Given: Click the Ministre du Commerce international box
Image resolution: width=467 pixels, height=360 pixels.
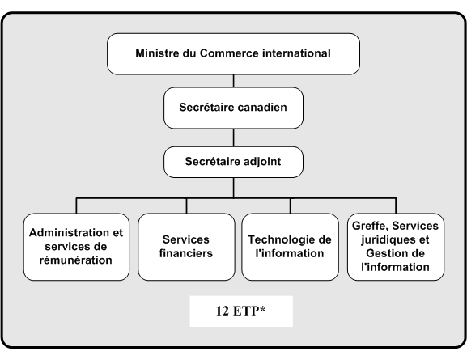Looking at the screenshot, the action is tap(233, 54).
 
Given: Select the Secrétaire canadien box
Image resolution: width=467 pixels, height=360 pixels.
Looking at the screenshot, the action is tap(233, 108).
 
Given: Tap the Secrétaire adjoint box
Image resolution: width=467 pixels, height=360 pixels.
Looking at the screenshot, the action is tap(233, 162).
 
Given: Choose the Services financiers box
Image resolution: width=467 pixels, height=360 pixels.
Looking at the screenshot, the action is tap(186, 247).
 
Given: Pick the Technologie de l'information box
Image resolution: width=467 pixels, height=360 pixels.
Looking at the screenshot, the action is tap(290, 247).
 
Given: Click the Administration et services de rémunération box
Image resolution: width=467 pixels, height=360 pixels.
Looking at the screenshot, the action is tap(76, 247).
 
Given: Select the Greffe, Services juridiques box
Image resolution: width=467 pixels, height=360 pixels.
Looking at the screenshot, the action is tap(396, 247).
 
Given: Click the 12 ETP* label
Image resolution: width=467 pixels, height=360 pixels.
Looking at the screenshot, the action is tap(241, 311).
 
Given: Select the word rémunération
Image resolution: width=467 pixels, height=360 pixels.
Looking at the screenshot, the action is tap(76, 260).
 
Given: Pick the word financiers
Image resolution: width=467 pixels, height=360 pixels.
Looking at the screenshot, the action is tap(186, 253).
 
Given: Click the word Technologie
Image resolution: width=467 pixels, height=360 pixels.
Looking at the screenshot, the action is tap(278, 239).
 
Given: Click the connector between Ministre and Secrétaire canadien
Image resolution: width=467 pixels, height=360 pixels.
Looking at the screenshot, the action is tap(233, 81).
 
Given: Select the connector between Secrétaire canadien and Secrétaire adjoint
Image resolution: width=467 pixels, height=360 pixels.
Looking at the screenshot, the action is tap(233, 138).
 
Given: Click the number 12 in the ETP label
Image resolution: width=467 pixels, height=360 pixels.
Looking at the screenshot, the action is tap(223, 311).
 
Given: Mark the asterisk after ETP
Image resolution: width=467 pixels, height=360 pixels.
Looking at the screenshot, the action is tap(262, 309).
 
